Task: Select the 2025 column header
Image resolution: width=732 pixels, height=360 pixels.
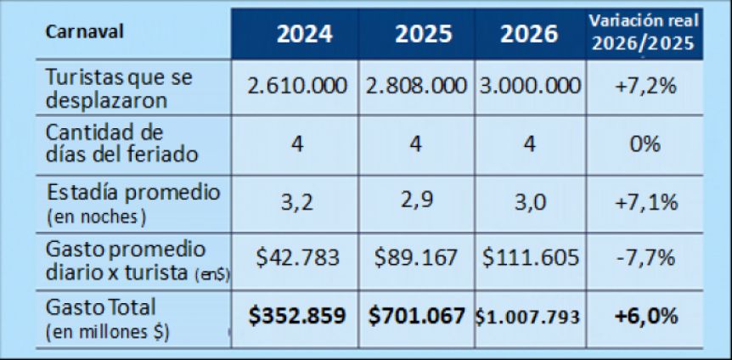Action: [415, 34]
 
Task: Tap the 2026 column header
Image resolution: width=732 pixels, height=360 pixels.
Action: [529, 34]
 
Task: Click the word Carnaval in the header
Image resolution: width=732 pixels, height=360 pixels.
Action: [85, 31]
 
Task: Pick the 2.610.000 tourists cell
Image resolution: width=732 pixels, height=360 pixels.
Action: [296, 87]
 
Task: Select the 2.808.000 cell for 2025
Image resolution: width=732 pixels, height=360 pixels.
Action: [416, 87]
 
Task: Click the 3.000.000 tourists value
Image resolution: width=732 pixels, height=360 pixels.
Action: [529, 87]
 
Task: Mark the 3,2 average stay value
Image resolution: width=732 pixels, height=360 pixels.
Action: [296, 203]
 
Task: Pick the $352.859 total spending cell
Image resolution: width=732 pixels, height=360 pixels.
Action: [296, 317]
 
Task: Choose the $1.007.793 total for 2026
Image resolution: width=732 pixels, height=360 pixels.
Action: [529, 318]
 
